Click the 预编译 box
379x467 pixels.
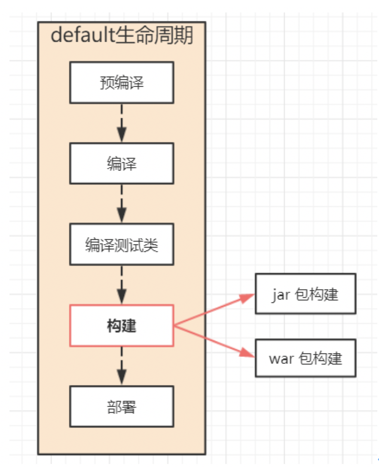pos(122,82)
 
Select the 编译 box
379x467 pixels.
pos(122,163)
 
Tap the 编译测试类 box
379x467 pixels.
pos(122,244)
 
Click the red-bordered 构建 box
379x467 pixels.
pos(122,326)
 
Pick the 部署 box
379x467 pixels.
pos(122,406)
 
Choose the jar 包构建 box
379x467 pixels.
pos(305,294)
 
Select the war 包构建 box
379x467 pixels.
pos(305,358)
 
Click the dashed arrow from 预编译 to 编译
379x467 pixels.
pos(122,122)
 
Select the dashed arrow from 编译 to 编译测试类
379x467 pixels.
pos(122,203)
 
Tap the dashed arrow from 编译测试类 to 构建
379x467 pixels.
pos(122,285)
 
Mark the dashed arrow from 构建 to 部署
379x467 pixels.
pos(122,366)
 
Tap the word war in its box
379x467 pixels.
pos(281,358)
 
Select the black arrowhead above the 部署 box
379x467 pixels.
pos(122,379)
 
